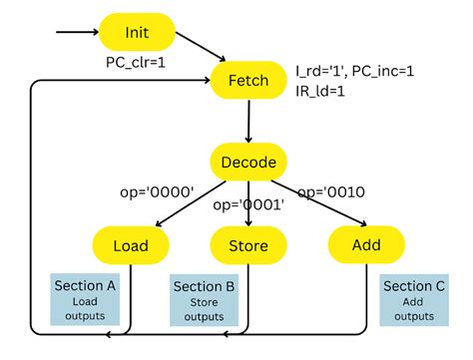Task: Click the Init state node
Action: [x=137, y=32]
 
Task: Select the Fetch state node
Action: [x=248, y=80]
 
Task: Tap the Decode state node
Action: [x=248, y=162]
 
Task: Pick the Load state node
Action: [x=131, y=245]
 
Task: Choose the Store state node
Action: [x=248, y=245]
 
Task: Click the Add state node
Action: [x=366, y=245]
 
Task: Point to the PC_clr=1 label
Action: [x=136, y=63]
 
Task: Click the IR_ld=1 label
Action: [x=320, y=91]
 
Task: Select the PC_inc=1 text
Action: [x=383, y=71]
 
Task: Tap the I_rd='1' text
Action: [x=321, y=71]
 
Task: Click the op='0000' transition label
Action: [x=157, y=191]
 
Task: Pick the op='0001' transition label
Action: [x=248, y=204]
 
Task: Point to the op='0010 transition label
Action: [x=331, y=192]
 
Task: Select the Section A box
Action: [x=85, y=299]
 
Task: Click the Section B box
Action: [x=204, y=300]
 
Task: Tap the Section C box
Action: [x=414, y=300]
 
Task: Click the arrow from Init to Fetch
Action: [x=201, y=47]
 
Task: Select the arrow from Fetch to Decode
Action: [x=248, y=121]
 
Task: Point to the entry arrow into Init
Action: [x=78, y=32]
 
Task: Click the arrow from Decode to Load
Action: [x=191, y=203]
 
